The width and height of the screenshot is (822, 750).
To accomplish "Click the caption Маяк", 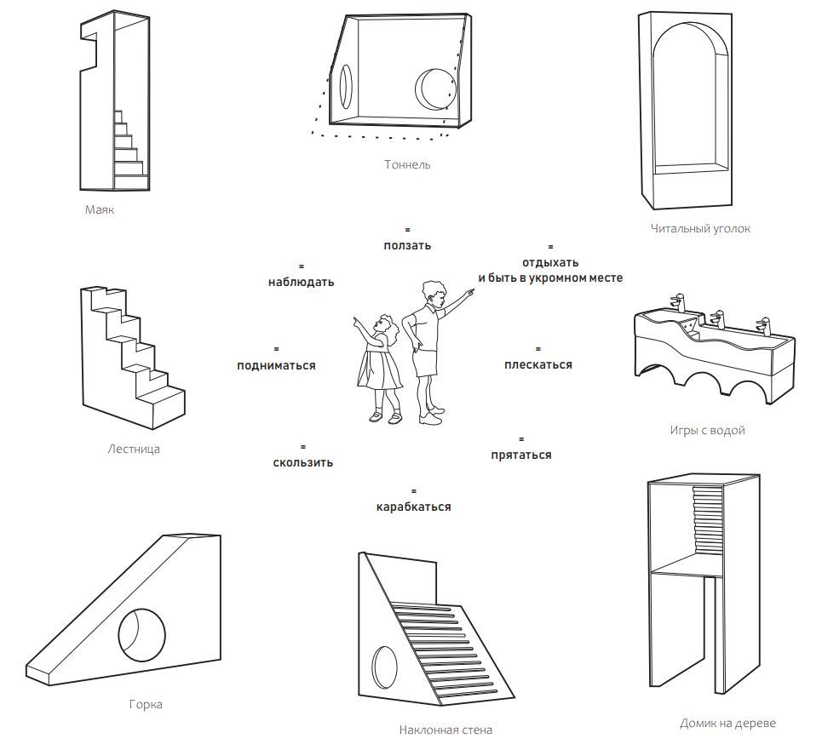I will (99, 209).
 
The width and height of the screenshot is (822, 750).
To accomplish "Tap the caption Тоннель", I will (407, 164).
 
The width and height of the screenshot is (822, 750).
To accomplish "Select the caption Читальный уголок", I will (700, 228).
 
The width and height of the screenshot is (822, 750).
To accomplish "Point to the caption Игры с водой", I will (707, 430).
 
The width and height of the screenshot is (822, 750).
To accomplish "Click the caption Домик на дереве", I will (727, 724).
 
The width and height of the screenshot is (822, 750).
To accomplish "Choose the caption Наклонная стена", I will (445, 730).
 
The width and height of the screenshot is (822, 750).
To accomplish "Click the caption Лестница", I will (134, 449).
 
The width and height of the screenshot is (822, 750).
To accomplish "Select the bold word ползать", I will (407, 245).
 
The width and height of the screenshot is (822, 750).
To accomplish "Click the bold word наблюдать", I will (301, 282).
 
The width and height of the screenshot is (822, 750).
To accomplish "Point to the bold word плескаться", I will (537, 364).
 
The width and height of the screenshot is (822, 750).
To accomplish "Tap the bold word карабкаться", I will (413, 507).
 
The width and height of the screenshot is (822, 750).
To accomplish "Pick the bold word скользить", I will (302, 462).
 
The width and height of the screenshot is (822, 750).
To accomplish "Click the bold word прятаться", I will (520, 455).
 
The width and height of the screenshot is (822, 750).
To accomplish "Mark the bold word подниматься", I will (276, 365).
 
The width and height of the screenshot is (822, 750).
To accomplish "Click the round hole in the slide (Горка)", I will (141, 633).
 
